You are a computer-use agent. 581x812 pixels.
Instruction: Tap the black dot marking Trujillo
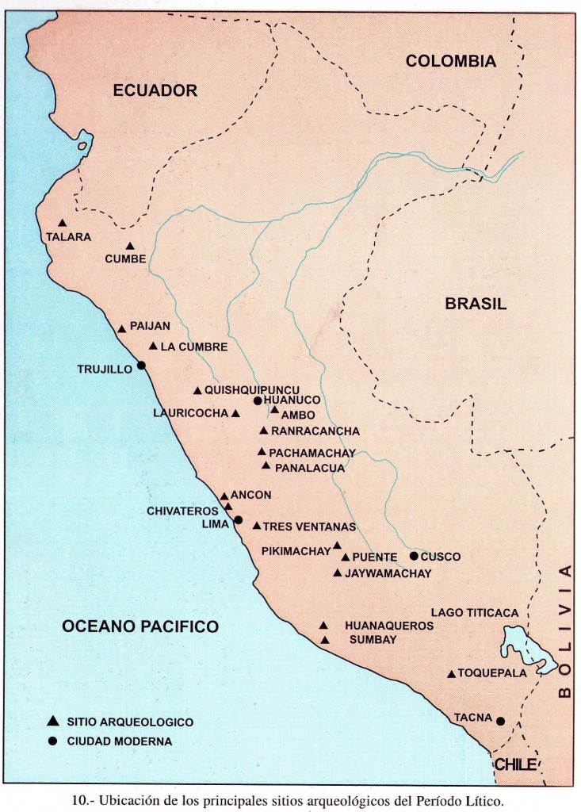pos(140,366)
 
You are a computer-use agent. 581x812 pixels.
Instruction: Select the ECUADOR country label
pos(154,90)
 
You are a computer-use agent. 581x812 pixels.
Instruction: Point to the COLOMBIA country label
pos(450,62)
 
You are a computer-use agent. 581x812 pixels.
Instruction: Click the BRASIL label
pos(475,303)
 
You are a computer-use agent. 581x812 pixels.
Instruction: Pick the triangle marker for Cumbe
pos(130,246)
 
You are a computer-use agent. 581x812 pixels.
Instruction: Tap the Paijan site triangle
pos(122,329)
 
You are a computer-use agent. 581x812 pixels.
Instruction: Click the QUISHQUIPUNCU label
pos(251,390)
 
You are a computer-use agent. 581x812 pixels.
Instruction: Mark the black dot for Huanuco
pos(258,401)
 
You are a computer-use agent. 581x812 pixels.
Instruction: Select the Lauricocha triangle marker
pos(235,413)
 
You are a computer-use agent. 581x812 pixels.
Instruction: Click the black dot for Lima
pos(238,520)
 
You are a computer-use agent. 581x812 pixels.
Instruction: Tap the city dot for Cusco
pos(414,556)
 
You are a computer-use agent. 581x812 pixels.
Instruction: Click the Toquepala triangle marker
pos(451,674)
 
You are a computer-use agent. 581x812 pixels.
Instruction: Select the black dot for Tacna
pos(500,721)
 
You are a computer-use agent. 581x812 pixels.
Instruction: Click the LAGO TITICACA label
pos(475,612)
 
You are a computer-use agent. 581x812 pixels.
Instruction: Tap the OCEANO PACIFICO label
pos(140,626)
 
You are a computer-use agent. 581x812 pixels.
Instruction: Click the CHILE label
pos(515,764)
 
